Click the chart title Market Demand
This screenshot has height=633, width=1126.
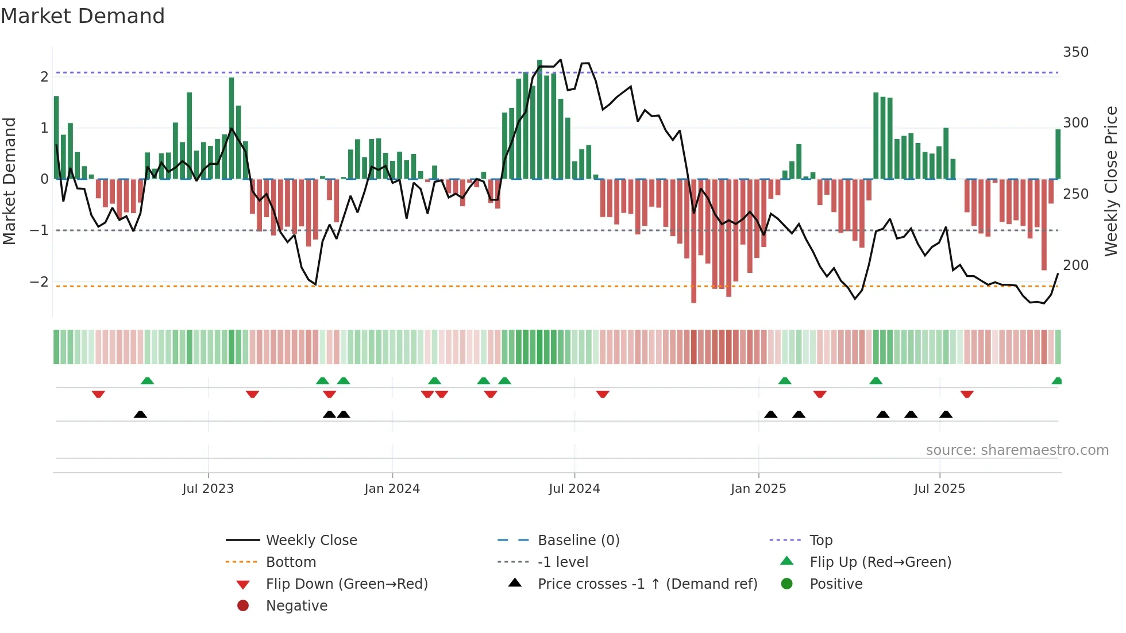click(83, 16)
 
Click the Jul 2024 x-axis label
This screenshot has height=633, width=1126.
click(574, 489)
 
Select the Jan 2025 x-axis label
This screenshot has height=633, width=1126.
click(758, 489)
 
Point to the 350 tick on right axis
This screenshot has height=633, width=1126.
click(1075, 52)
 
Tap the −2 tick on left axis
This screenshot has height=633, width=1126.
click(39, 281)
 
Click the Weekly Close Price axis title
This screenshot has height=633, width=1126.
click(1111, 181)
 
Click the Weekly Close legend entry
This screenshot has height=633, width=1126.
click(311, 541)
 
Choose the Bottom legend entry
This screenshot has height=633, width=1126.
click(291, 562)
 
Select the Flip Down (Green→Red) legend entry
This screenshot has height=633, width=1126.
click(346, 584)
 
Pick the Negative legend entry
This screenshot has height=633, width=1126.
click(296, 606)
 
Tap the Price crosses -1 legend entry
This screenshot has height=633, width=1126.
click(647, 584)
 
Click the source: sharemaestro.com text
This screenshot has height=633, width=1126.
click(1017, 450)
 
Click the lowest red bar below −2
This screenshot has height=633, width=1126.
click(693, 241)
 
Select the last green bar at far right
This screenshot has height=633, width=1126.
click(1058, 154)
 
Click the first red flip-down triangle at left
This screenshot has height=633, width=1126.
click(98, 395)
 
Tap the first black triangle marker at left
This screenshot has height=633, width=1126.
click(140, 414)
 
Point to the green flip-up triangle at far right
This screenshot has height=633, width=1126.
click(1056, 381)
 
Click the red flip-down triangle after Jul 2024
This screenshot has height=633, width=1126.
click(602, 395)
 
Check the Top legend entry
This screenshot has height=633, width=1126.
click(820, 541)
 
